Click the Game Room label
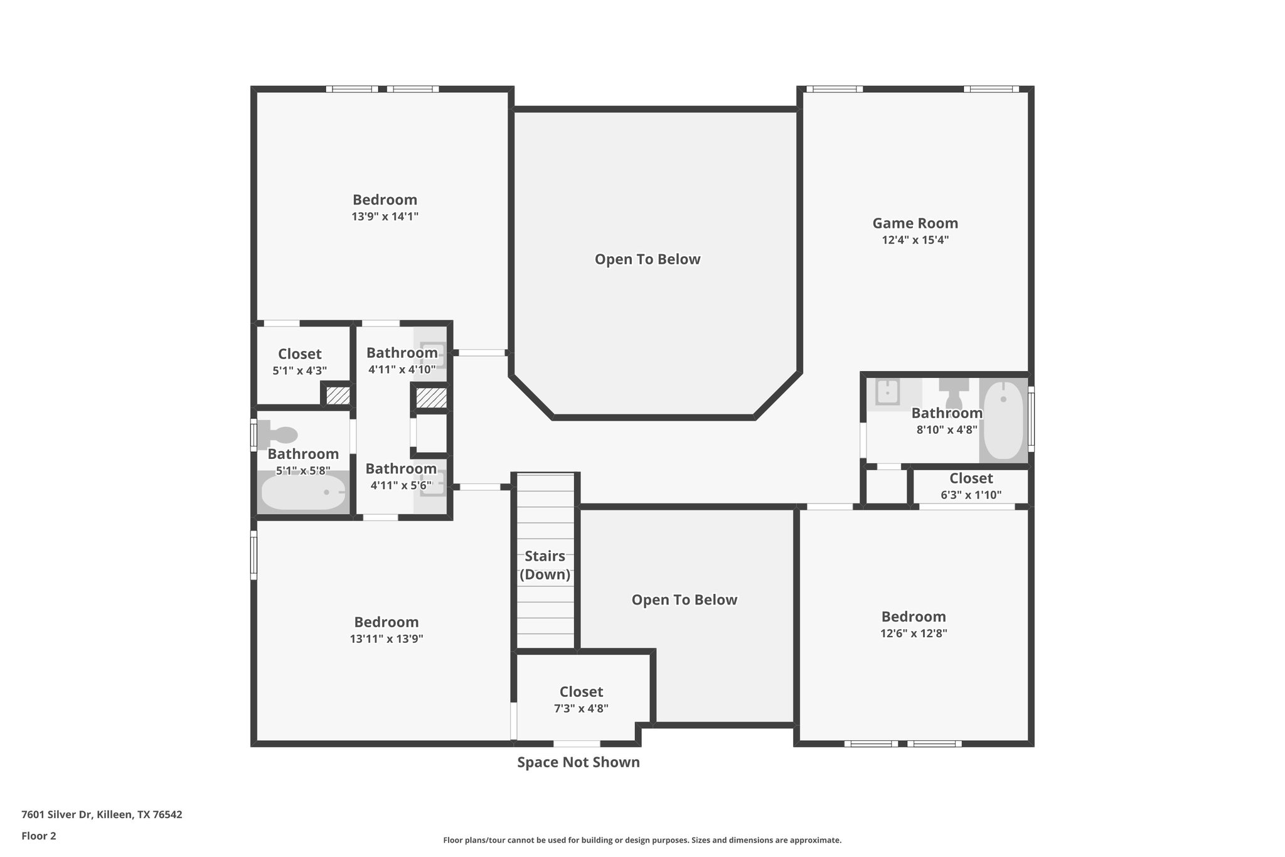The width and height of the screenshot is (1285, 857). click(915, 223)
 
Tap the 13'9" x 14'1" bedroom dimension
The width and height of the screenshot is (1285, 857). click(385, 217)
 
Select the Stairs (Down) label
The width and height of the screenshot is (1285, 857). click(545, 565)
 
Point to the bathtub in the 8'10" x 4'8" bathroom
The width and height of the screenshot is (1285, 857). click(1003, 419)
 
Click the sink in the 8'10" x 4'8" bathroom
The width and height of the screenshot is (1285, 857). click(887, 392)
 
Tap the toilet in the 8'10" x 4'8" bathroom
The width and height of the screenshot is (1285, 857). click(954, 393)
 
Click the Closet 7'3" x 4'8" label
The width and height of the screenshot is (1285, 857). click(581, 692)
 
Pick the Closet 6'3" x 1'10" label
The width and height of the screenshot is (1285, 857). click(971, 478)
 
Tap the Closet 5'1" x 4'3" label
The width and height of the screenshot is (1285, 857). click(299, 354)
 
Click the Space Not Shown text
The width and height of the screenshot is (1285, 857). click(578, 762)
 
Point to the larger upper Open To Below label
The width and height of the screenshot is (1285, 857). click(647, 259)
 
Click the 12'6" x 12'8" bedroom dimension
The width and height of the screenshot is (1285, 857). click(914, 633)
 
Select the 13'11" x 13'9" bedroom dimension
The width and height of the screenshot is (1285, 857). click(387, 639)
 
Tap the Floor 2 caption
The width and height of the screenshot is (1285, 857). click(39, 836)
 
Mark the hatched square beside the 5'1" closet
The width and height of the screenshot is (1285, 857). click(338, 396)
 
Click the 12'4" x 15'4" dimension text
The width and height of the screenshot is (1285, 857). click(915, 240)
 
